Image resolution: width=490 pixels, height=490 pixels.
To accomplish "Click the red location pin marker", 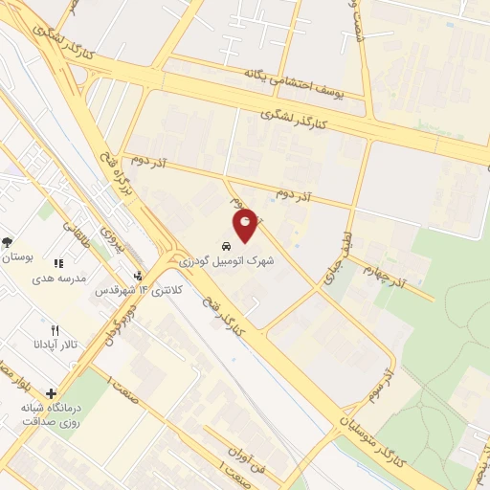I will click(246, 224).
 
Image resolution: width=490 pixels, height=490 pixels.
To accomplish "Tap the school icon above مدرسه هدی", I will click(57, 263).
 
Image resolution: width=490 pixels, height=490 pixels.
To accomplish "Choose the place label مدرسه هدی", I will click(59, 278).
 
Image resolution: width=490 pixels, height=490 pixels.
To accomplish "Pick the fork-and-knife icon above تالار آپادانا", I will click(55, 329).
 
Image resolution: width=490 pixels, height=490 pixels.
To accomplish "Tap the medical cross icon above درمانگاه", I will click(50, 392).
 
